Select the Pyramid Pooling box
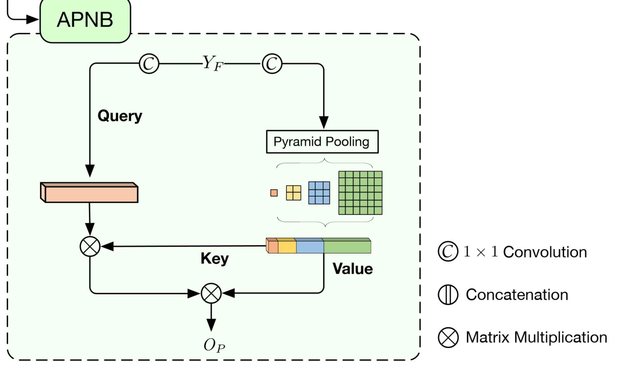click(322, 142)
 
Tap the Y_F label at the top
click(212, 63)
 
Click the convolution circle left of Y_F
click(149, 63)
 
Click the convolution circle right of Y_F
click(272, 63)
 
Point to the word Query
click(120, 116)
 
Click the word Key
click(214, 259)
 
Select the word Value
click(352, 269)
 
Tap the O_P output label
click(214, 345)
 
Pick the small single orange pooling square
click(274, 193)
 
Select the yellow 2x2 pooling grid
click(293, 193)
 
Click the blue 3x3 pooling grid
click(319, 193)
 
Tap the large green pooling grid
click(360, 193)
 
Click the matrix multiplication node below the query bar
click(90, 246)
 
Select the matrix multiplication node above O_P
click(211, 293)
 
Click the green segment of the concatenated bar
click(347, 247)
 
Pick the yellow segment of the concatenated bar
click(287, 247)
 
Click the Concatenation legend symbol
click(448, 295)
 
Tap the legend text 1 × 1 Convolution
click(525, 252)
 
